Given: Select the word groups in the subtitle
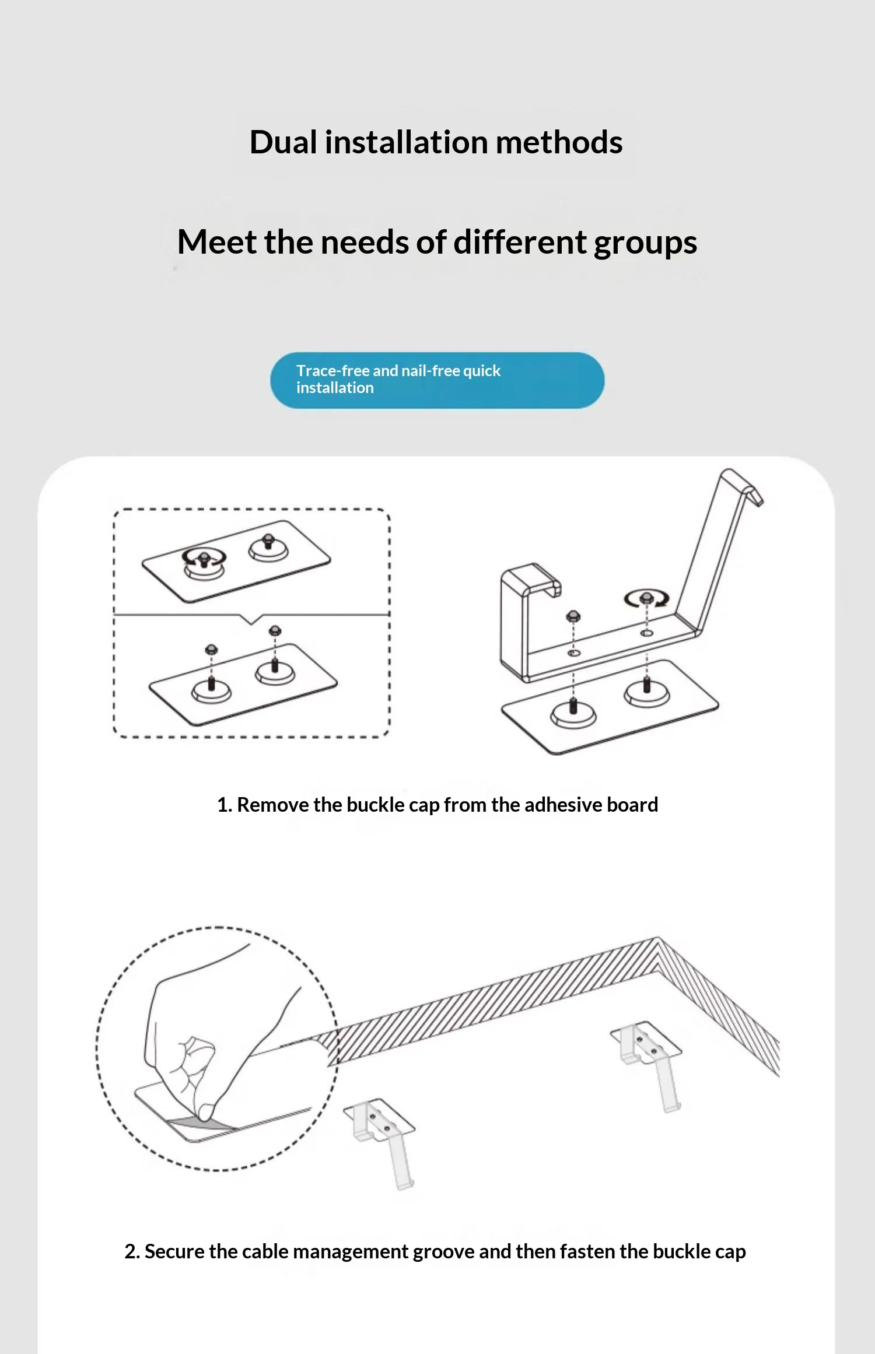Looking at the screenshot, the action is (645, 243).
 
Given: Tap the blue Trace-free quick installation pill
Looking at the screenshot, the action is (437, 380).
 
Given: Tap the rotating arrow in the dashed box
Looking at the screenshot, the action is (204, 559).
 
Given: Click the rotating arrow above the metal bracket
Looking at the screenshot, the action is (646, 598).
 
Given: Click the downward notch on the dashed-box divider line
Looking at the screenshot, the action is (251, 620).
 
